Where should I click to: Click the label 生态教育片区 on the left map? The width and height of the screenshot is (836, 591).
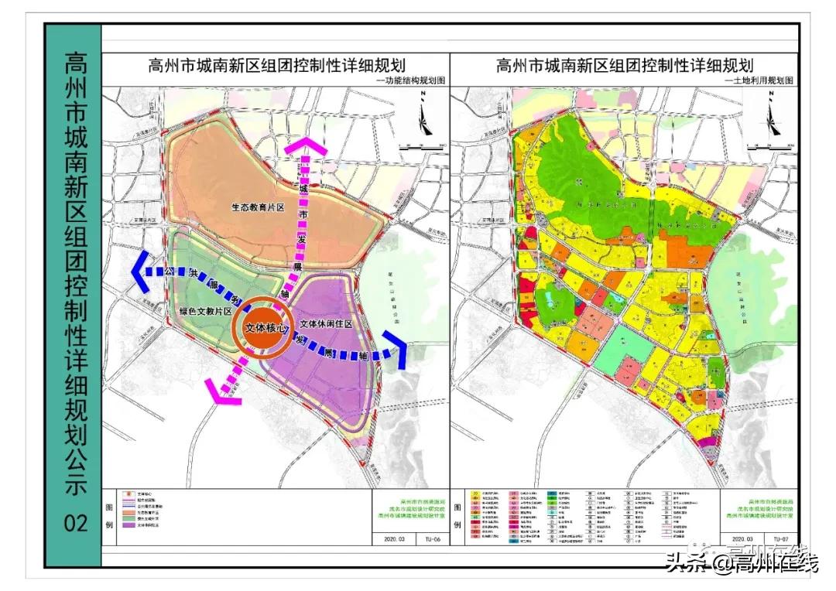click(258, 207)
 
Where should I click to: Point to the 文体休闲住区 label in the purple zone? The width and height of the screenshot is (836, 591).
click(326, 325)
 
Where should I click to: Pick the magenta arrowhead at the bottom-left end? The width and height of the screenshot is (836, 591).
click(219, 395)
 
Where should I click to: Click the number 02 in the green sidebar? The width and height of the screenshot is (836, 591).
click(74, 524)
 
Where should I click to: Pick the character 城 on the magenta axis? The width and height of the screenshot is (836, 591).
click(303, 188)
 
